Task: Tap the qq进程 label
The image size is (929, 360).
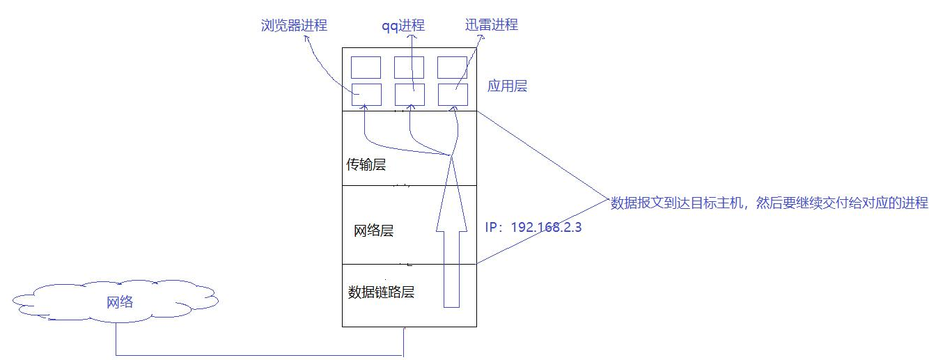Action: (x=403, y=26)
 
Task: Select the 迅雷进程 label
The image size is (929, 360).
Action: (x=491, y=25)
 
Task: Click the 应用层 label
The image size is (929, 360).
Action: (x=507, y=86)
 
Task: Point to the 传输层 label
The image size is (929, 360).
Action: (x=366, y=166)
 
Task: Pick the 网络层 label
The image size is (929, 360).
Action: (x=373, y=230)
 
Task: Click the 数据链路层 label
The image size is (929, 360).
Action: (x=381, y=292)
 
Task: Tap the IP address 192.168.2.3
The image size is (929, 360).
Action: (x=533, y=227)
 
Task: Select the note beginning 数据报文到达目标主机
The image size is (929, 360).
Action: (x=769, y=203)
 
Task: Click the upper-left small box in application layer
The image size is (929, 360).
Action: (x=366, y=68)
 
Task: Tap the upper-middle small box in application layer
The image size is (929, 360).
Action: (x=409, y=68)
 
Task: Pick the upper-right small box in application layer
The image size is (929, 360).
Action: (x=452, y=68)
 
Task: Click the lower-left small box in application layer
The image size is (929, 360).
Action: (x=366, y=94)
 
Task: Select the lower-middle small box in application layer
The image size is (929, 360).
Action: (x=409, y=94)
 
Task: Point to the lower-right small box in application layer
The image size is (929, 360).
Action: (x=452, y=94)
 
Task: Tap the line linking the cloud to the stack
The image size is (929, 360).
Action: (x=258, y=355)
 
